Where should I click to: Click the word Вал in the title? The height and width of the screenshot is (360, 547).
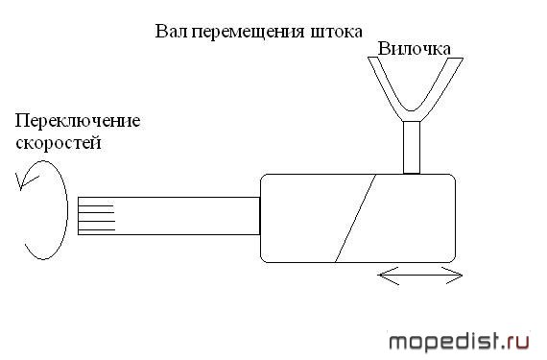(x=172, y=31)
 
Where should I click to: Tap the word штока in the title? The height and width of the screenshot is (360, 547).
(x=336, y=32)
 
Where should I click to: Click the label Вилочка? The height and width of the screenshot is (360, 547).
(x=414, y=49)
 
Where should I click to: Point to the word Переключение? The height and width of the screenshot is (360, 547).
(x=78, y=122)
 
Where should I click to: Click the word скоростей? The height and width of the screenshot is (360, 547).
(x=59, y=143)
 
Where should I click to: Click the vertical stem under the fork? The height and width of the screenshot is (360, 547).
(x=412, y=147)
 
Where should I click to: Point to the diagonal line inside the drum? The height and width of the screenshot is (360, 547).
(x=355, y=218)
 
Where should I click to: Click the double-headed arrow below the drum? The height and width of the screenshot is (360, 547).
(x=420, y=276)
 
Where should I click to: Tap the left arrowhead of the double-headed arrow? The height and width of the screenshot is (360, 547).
(x=388, y=276)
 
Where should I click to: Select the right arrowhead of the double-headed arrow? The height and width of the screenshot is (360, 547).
(x=453, y=276)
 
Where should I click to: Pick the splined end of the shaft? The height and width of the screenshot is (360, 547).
(x=96, y=216)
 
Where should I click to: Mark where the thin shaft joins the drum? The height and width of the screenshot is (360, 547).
(x=260, y=216)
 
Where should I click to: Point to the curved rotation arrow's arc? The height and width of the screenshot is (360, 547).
(x=66, y=209)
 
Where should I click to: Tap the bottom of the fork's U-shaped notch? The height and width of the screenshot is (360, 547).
(x=412, y=111)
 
